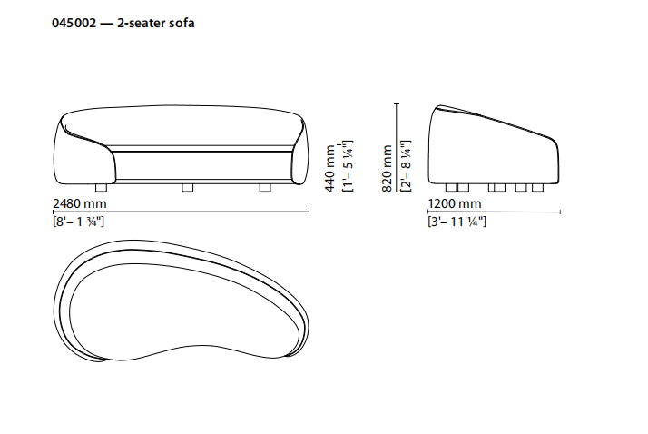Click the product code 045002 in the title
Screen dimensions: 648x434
74,23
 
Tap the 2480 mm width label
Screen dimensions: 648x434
80,203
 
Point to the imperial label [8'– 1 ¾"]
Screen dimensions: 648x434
79,222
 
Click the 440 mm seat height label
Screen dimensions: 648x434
329,168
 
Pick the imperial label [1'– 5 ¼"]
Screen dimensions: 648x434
348,166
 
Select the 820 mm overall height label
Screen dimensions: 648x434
387,168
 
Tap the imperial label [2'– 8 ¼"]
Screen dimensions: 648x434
406,166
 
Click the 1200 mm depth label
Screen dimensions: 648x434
455,203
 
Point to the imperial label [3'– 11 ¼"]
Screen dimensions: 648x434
457,222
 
